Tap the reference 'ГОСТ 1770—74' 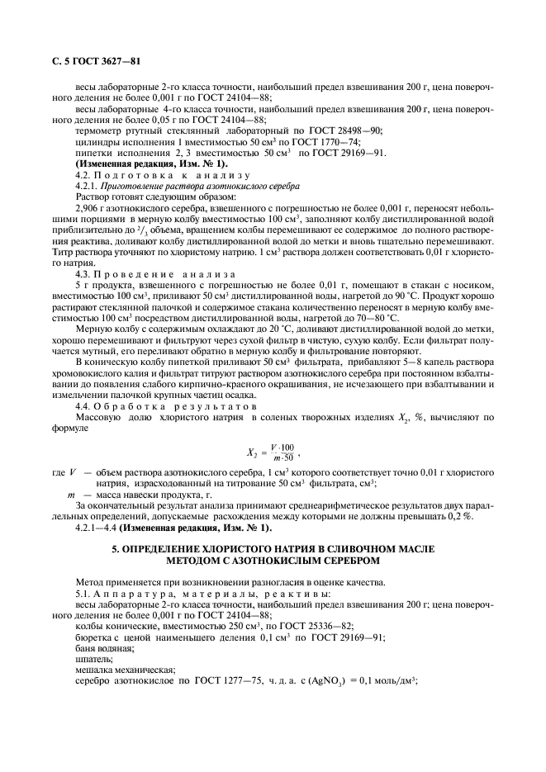[x=250, y=142]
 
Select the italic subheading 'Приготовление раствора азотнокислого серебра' [x=194, y=187]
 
